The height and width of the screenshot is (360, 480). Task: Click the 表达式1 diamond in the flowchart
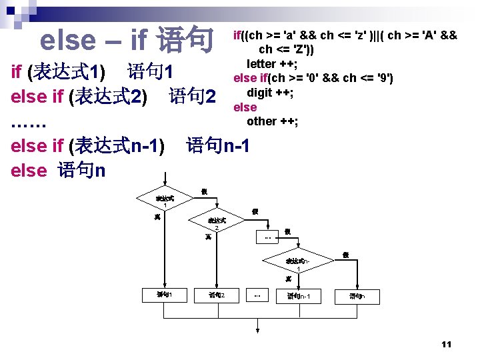pos(165,199)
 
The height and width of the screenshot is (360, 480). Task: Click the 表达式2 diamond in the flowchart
pos(217,223)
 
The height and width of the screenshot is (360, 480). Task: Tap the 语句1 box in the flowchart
pos(164,294)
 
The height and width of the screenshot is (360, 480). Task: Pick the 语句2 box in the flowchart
pos(217,294)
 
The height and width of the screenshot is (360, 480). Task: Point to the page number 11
pos(446,344)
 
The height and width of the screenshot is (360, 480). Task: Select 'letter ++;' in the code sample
pos(271,64)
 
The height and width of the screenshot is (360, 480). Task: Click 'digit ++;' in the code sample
pos(270,92)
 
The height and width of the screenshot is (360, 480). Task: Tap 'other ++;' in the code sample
pos(272,121)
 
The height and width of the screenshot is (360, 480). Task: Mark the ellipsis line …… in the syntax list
pos(29,122)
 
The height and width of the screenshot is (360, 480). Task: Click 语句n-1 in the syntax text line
pos(218,145)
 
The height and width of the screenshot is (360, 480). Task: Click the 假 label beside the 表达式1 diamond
pos(204,192)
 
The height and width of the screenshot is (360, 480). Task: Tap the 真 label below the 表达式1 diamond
pos(157,217)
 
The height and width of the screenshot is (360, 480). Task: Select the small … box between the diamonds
pos(267,236)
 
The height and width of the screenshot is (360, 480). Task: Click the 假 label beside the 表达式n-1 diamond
pos(345,255)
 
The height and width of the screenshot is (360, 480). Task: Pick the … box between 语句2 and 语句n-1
pos(257,295)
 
